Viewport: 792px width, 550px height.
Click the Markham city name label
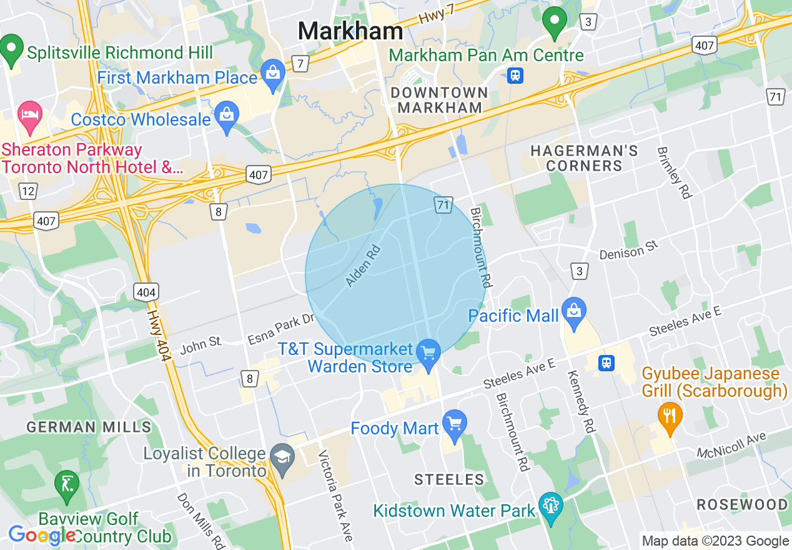pos(350,31)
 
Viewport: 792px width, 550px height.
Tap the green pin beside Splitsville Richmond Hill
pos(11,51)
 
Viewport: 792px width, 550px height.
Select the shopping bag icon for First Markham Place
pos(273,74)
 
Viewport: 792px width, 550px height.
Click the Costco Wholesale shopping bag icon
pos(226,116)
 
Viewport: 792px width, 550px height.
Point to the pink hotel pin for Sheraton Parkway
pos(30,116)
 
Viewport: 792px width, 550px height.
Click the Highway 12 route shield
pos(27,191)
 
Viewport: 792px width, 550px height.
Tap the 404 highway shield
pos(146,291)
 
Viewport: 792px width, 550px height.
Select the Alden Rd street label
pos(363,266)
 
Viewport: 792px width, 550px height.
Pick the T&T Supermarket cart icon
pos(428,354)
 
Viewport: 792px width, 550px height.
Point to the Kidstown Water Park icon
pos(550,507)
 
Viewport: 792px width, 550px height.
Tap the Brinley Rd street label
pos(673,172)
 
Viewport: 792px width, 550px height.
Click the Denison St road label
pos(629,251)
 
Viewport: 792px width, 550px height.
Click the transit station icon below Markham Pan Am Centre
pos(515,76)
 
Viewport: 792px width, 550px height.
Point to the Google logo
pos(42,536)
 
